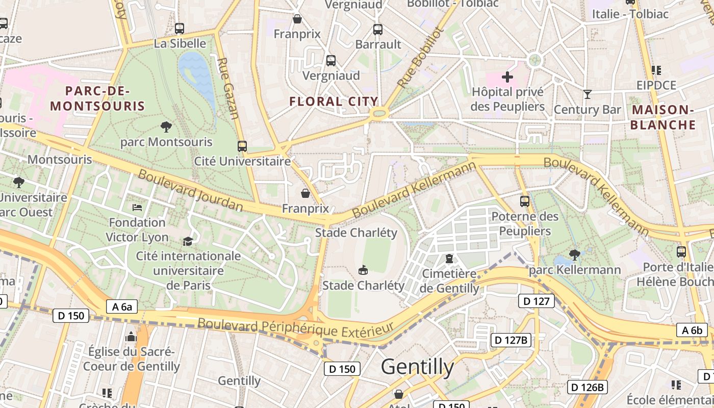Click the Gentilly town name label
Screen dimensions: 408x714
tap(417, 367)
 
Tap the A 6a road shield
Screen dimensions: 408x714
tap(122, 307)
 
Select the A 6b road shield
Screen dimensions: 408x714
tap(692, 330)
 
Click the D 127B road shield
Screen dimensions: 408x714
tap(511, 340)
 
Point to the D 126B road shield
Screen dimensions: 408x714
tap(588, 387)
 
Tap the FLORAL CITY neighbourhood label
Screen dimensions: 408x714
tap(334, 101)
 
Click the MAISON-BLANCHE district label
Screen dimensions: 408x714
tap(663, 117)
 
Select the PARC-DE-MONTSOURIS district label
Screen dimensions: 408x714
tap(98, 99)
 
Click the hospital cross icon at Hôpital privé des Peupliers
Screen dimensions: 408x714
tap(507, 78)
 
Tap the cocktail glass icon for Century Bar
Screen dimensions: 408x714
tap(588, 94)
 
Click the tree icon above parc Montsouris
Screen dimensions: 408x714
tap(166, 126)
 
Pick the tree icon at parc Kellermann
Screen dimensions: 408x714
tap(574, 254)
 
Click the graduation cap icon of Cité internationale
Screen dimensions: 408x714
tap(188, 241)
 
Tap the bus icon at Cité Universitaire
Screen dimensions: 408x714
tap(242, 146)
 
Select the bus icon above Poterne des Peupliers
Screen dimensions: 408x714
tap(524, 201)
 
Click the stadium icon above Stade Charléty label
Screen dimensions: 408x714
tap(363, 269)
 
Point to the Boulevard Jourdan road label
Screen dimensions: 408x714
tap(190, 190)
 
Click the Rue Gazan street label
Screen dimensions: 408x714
tap(228, 88)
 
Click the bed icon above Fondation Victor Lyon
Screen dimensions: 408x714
tap(137, 208)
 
